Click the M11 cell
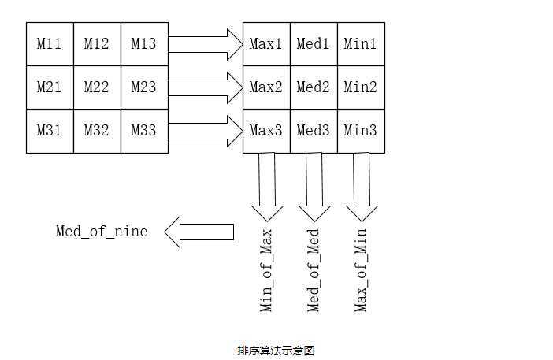click(50, 44)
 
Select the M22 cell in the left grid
click(97, 87)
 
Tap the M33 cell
click(144, 131)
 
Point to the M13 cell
click(144, 44)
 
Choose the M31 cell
click(50, 131)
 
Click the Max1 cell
click(266, 44)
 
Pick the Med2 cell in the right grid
click(314, 87)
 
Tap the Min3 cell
click(361, 131)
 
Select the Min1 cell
click(361, 44)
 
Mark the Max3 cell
click(266, 131)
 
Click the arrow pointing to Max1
click(206, 44)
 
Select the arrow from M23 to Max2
click(206, 87)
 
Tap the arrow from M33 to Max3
click(206, 131)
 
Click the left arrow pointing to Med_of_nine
click(199, 232)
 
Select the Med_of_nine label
click(102, 232)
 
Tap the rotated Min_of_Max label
click(267, 270)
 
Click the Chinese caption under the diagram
click(276, 351)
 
